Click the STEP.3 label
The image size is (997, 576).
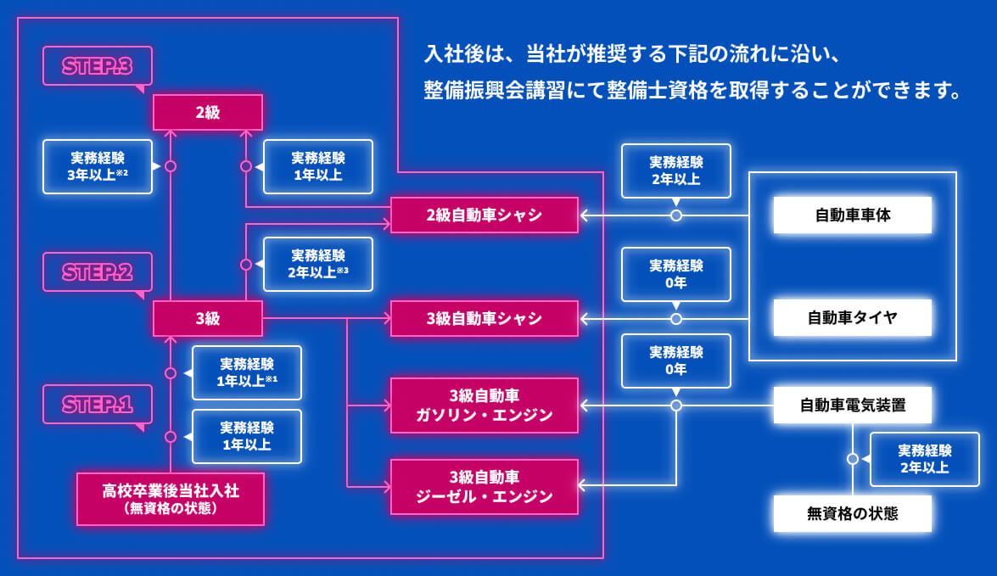point(98,66)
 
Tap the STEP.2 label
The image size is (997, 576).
point(98,272)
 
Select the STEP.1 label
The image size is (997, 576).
point(98,405)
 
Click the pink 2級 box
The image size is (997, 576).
point(208,112)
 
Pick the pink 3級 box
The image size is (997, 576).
point(208,319)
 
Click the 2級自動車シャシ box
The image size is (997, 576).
point(484,215)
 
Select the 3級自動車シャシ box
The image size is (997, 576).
point(484,319)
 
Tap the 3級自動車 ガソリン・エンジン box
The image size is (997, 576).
point(484,405)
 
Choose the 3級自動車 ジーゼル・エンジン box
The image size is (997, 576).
point(484,487)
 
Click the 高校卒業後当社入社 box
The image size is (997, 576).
point(171,499)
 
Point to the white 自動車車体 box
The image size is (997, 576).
point(853,215)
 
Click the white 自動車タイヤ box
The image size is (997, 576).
point(853,318)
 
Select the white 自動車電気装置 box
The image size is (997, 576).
point(853,405)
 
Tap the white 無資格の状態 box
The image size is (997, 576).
point(853,513)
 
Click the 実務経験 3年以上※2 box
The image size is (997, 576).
point(98,166)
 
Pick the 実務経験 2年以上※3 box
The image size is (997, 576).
point(318,264)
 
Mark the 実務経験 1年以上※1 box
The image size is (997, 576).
point(247,372)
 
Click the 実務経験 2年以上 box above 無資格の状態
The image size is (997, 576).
point(925,459)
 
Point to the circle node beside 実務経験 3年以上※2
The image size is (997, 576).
point(171,166)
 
